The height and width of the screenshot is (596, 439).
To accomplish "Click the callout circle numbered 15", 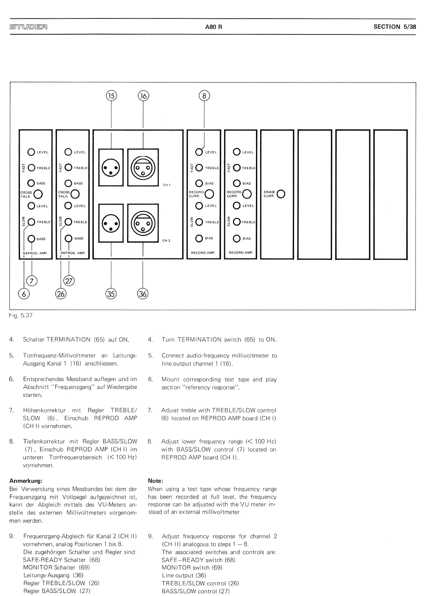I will (112, 95).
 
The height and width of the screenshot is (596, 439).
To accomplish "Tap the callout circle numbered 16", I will (143, 95).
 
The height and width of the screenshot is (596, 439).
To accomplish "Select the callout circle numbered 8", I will (204, 95).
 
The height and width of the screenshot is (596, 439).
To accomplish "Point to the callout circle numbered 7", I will (31, 281).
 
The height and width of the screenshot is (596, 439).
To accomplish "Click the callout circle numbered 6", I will (24, 294).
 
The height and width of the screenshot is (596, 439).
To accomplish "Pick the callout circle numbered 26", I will (61, 294).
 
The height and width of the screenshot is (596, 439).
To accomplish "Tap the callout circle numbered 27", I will (69, 281).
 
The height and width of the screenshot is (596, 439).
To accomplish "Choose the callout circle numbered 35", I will (111, 294).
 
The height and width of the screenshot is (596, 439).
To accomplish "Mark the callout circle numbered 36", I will (143, 294).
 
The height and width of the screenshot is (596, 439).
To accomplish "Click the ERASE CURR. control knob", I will (281, 194).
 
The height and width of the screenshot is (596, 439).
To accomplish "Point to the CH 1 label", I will (167, 185).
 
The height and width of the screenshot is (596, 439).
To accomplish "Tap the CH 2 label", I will (166, 241).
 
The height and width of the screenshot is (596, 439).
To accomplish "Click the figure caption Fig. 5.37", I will (21, 315).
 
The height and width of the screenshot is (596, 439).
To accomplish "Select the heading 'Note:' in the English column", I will (155, 481).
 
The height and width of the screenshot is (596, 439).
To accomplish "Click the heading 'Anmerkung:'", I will (25, 481).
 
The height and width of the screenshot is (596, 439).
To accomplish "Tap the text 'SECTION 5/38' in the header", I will (395, 27).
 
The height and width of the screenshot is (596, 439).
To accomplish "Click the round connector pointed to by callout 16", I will (143, 167).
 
